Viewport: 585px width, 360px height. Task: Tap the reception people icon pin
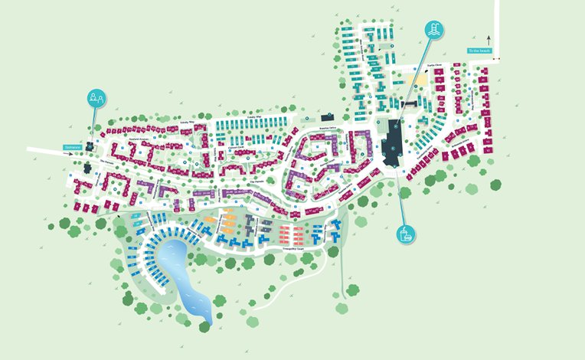(96, 98)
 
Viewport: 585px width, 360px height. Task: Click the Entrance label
(73, 147)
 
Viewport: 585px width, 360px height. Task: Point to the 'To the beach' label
(479, 51)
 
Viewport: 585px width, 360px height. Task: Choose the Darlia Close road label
(436, 66)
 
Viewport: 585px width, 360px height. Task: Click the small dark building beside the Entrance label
(90, 146)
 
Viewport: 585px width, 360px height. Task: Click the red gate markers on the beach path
(497, 59)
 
